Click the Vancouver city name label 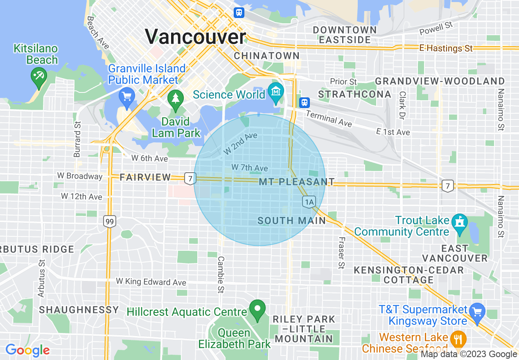coord(196,37)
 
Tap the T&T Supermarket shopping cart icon coord(477,313)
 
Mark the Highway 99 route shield coord(109,222)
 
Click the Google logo coord(27,350)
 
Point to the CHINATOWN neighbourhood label coord(266,56)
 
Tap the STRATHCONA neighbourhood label coord(355,94)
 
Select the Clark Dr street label coord(403,104)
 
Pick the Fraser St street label coord(341,253)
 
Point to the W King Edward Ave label coord(151,282)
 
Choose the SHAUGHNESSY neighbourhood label coord(79,310)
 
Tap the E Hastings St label coord(446,48)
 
